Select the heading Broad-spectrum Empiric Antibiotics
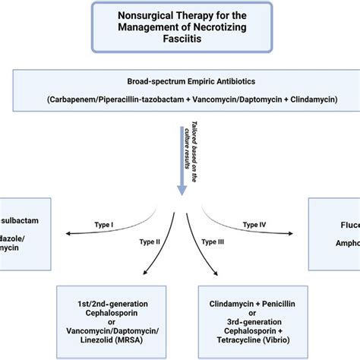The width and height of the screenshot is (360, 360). (x=181, y=81)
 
